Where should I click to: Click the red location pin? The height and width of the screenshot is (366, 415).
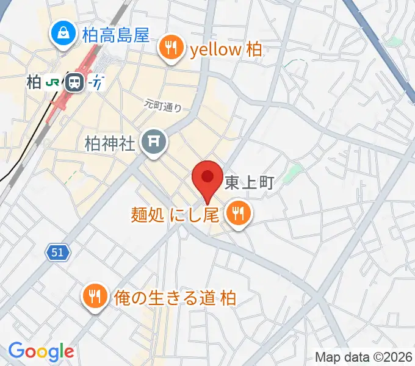207,178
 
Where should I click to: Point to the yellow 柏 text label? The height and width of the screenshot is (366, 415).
226,49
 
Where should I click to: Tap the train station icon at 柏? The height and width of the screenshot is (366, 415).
75,82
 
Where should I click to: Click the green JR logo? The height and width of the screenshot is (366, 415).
54,82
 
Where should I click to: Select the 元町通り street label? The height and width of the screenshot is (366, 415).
163,105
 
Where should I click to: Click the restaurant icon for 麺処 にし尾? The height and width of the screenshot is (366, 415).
236,213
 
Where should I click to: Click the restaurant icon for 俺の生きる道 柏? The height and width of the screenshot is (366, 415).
94,296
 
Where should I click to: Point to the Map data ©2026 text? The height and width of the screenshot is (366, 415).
364,357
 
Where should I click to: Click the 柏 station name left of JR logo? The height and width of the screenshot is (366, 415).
34,82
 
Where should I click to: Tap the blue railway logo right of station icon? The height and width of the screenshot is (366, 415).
96,82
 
